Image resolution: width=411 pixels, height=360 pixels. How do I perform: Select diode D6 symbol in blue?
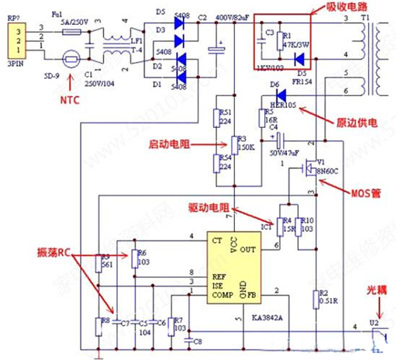283,95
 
